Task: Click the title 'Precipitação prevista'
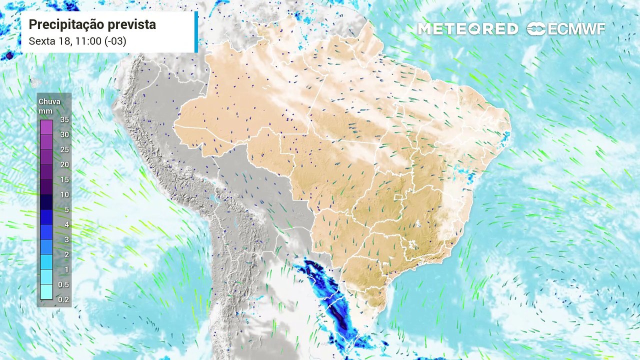92,24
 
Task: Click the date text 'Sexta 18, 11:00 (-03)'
77,41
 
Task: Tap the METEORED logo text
467,29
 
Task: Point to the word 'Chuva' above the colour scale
49,101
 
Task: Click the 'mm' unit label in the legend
45,110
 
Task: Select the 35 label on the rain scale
64,119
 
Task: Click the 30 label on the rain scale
64,134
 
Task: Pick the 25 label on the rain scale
64,149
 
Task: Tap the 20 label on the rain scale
64,164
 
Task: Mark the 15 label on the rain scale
64,179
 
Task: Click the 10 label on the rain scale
64,194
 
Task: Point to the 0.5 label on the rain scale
64,284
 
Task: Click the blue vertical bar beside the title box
196,31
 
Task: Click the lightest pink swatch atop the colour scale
46,127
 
